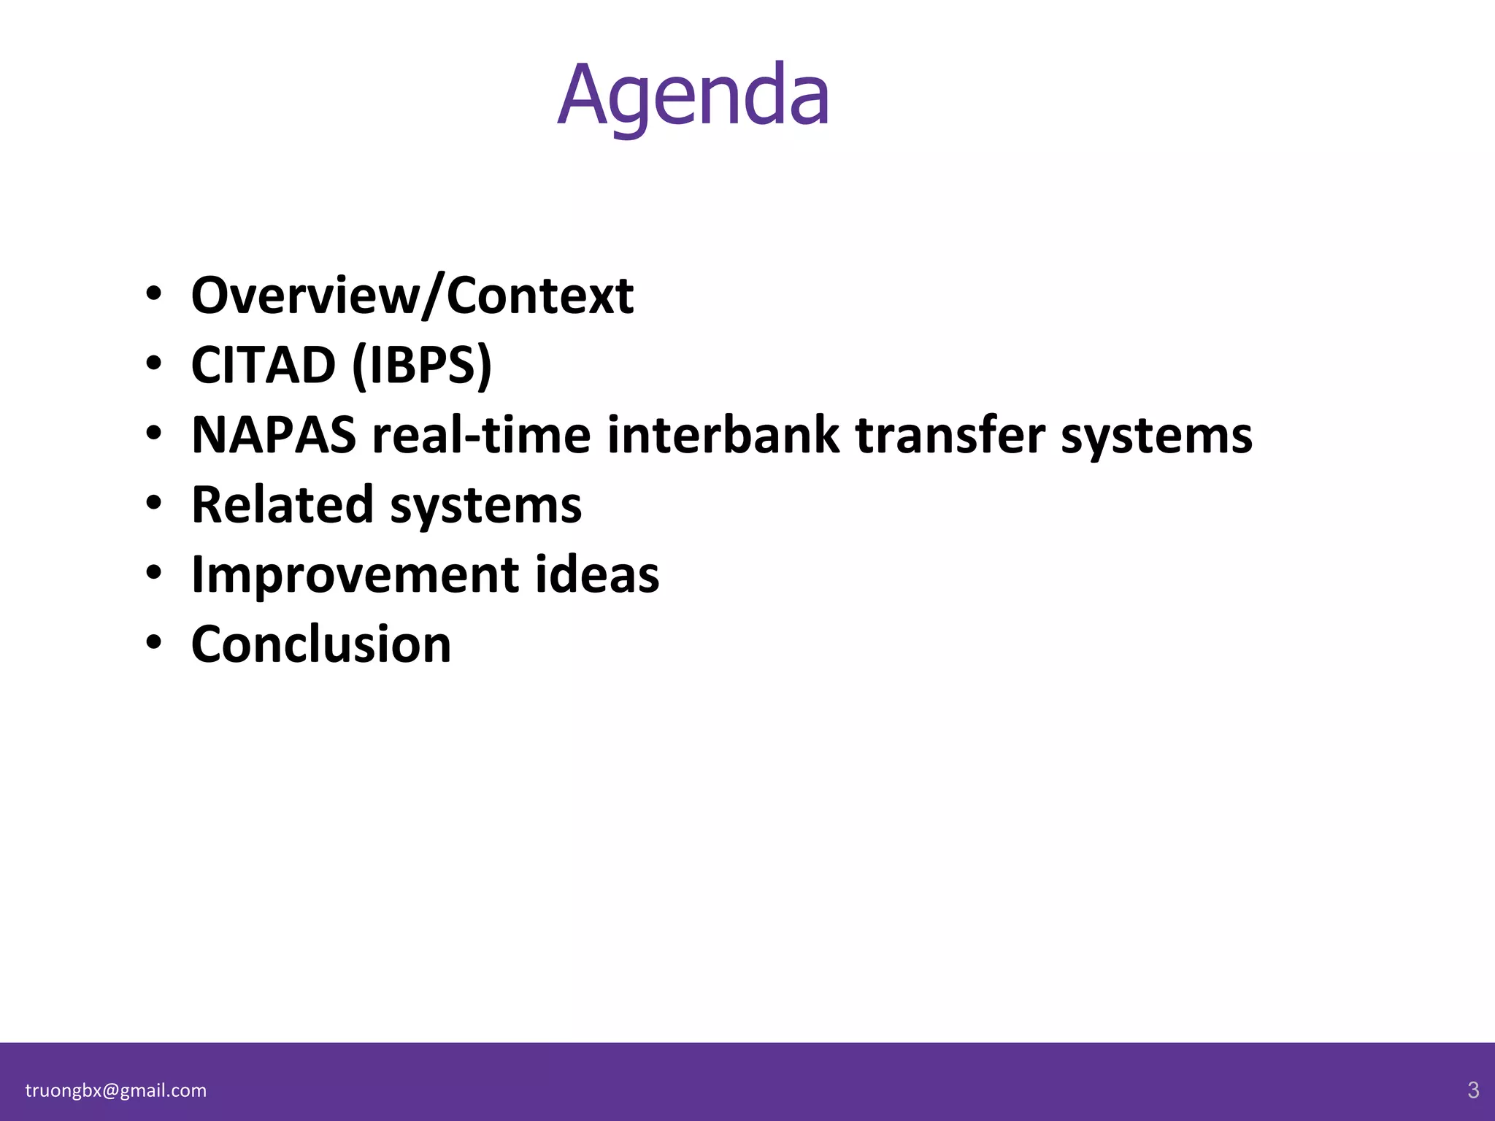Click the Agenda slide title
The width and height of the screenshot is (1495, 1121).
click(693, 96)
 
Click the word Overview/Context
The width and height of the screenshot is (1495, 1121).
click(412, 296)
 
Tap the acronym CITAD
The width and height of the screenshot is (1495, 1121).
click(263, 365)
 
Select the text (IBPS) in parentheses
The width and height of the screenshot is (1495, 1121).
click(422, 365)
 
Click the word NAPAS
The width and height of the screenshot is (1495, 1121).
click(274, 435)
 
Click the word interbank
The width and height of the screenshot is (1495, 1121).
click(723, 435)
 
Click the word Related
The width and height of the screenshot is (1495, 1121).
click(282, 504)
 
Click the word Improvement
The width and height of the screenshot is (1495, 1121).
click(355, 575)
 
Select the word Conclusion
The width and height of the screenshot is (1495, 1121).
click(321, 644)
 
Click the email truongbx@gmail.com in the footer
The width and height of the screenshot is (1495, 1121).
click(116, 1090)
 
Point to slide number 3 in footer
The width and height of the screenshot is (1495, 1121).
click(1473, 1090)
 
